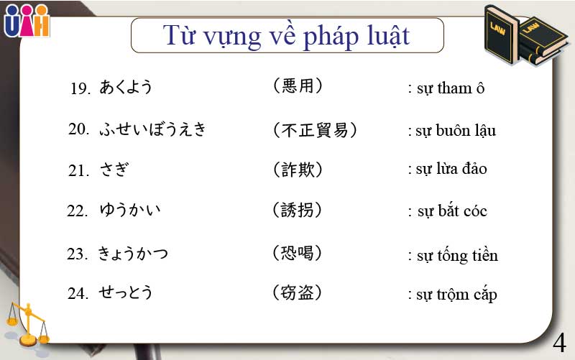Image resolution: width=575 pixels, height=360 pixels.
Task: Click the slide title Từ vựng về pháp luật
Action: [x=287, y=34]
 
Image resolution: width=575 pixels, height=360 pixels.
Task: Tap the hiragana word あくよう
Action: [x=126, y=88]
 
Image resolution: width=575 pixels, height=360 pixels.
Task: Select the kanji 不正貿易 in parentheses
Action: [x=315, y=130]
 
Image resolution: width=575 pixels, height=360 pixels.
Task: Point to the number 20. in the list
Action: [x=78, y=129]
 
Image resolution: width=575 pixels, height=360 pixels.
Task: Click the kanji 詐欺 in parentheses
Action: [x=298, y=170]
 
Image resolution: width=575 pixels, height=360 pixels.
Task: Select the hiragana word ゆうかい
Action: [x=130, y=211]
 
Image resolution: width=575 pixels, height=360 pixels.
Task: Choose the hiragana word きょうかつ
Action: [x=133, y=254]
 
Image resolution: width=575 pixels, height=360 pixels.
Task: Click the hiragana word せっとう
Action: [x=126, y=293]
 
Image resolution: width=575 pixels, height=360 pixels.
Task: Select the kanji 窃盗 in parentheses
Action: [x=297, y=292]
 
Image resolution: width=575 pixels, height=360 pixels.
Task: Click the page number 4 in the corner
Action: [x=560, y=341]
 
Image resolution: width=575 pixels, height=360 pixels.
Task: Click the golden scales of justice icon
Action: [x=27, y=323]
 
